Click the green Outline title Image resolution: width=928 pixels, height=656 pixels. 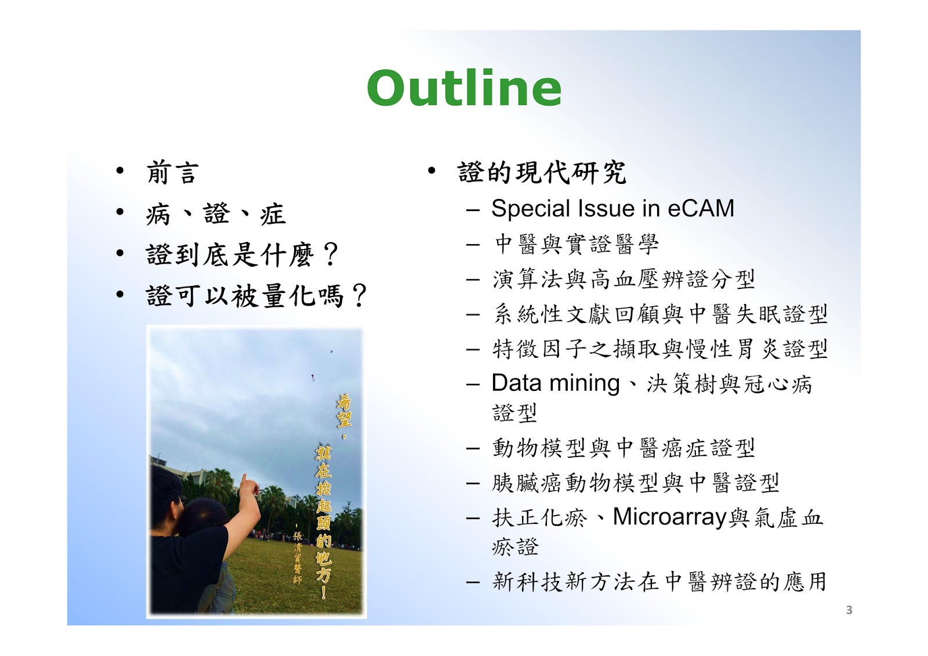click(464, 88)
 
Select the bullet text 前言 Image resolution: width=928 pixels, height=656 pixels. click(173, 172)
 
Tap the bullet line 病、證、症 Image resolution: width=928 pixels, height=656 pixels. click(216, 214)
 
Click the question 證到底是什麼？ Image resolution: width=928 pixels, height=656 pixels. click(243, 255)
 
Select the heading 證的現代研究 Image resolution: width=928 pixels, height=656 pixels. click(542, 172)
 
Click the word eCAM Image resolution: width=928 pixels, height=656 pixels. click(701, 208)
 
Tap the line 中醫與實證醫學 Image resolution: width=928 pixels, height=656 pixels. click(577, 244)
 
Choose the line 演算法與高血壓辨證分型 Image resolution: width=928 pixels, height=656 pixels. click(624, 279)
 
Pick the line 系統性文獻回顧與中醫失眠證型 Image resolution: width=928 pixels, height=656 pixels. click(661, 314)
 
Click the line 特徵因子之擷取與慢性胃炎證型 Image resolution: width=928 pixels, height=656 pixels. click(660, 349)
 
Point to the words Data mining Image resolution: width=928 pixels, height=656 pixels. click(555, 383)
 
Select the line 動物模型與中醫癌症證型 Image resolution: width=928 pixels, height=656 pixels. click(624, 448)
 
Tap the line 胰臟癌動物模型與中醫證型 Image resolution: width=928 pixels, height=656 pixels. click(636, 483)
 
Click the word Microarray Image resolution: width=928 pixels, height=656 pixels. click(669, 517)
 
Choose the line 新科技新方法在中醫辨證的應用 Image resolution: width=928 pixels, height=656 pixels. click(659, 581)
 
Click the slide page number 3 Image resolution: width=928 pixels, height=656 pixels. click(849, 610)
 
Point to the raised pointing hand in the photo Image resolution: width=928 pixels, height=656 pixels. click(249, 484)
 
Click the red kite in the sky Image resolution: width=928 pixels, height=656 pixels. click(313, 377)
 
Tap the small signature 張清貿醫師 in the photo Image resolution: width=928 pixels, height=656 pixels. click(298, 557)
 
